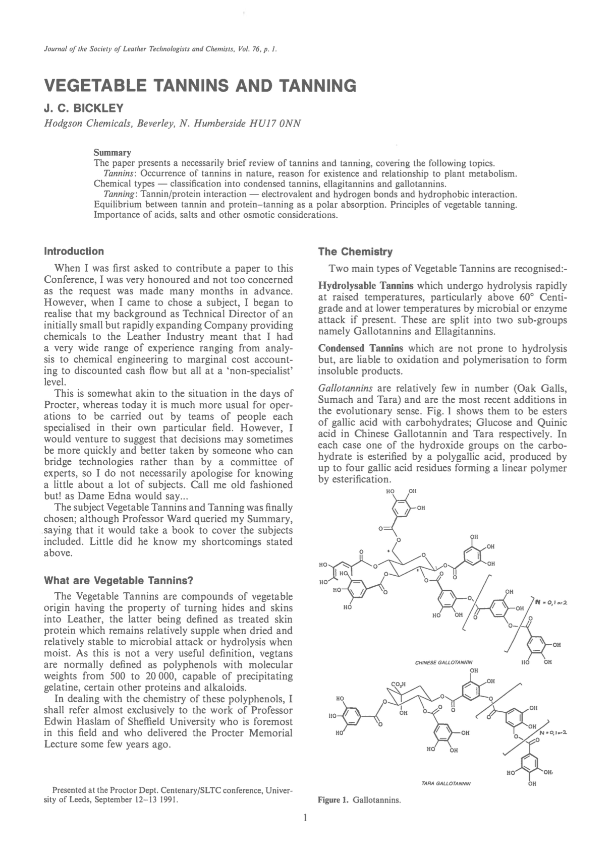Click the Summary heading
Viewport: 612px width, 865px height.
coord(113,153)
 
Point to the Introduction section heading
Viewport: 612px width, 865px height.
coord(74,251)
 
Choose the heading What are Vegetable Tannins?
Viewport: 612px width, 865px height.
coord(119,580)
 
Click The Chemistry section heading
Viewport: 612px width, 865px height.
coord(355,252)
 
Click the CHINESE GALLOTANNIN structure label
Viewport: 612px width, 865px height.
coord(444,662)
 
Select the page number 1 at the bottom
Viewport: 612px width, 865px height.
coord(305,819)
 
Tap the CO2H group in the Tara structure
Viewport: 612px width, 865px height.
coord(399,684)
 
